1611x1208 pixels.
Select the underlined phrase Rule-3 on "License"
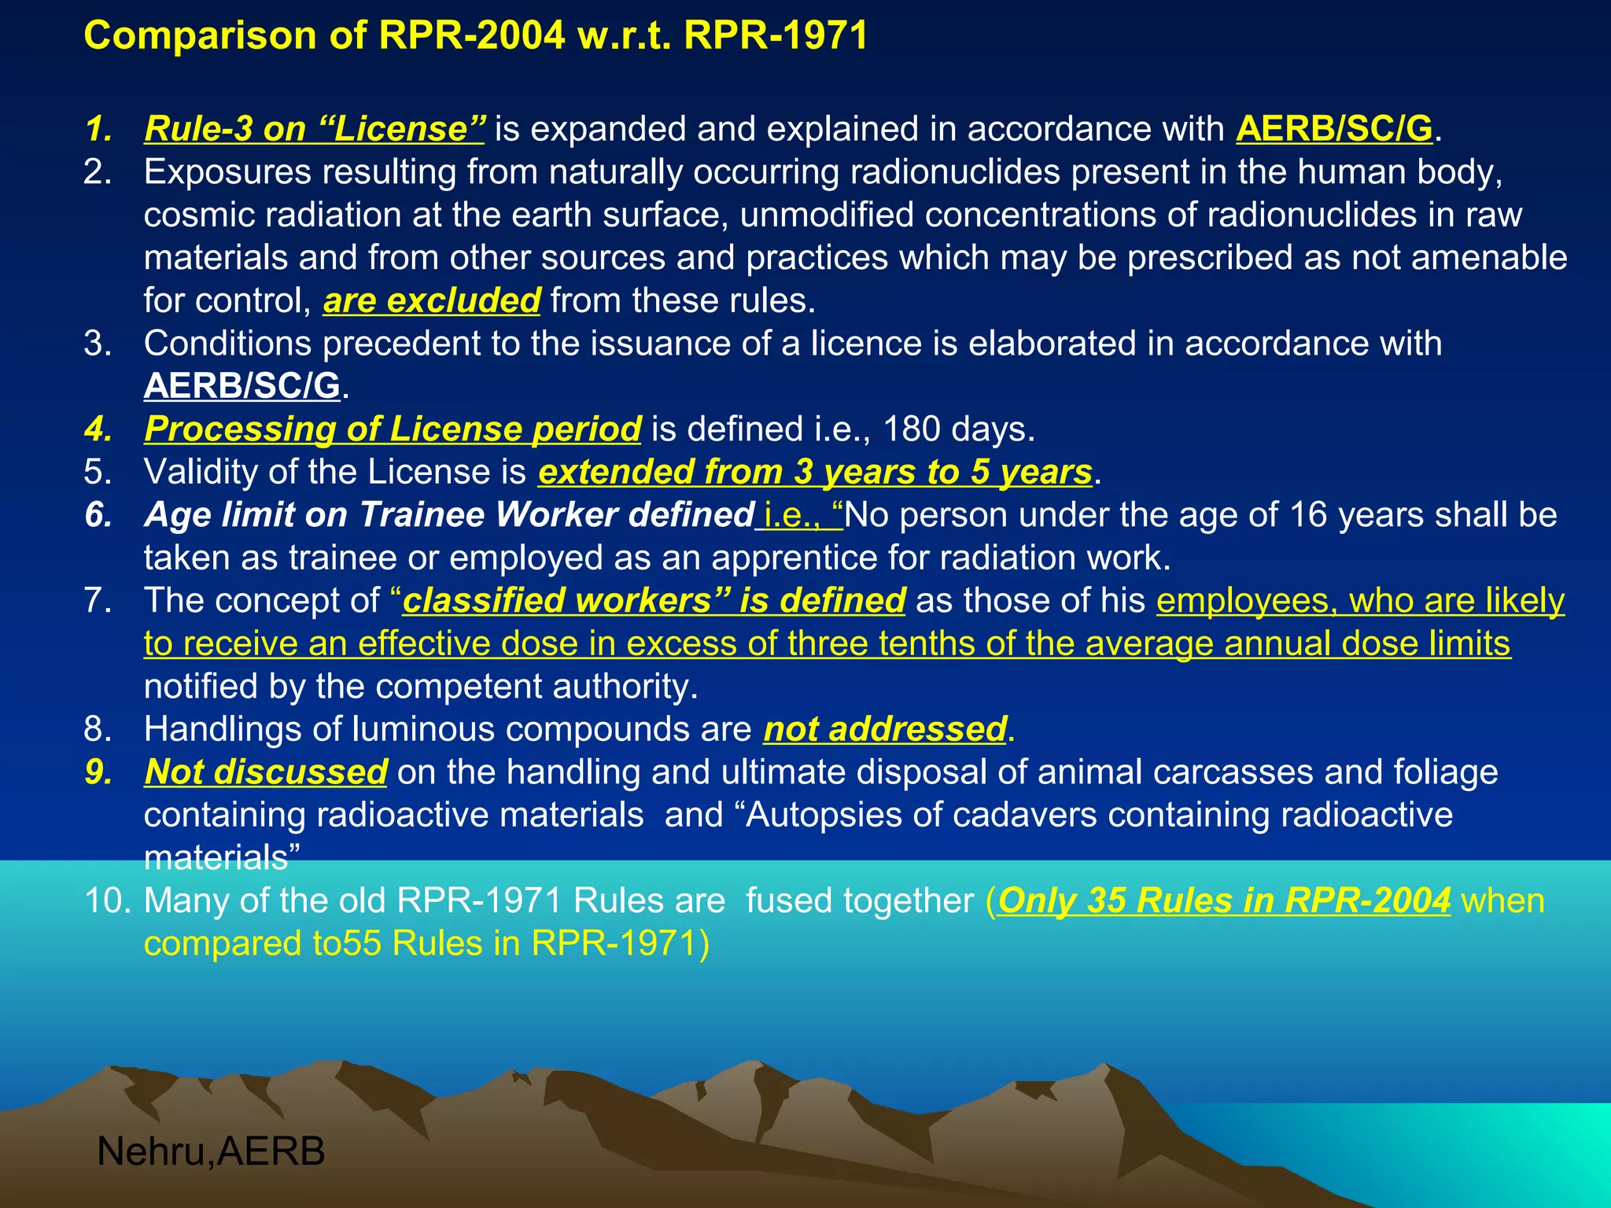[x=315, y=129]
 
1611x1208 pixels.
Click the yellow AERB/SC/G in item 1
[x=1334, y=129]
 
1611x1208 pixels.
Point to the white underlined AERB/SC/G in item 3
[x=242, y=386]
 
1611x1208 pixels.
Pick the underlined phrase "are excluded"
[x=432, y=300]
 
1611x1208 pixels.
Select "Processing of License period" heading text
[x=393, y=429]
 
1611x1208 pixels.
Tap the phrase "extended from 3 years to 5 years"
[x=815, y=472]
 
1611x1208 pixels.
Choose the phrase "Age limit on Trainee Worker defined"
[x=449, y=515]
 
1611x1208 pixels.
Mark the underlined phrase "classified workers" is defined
[x=654, y=601]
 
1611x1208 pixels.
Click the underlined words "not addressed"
[x=885, y=729]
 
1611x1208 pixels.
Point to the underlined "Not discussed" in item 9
[x=266, y=772]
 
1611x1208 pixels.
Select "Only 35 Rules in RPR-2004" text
[x=1224, y=900]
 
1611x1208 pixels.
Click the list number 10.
[x=108, y=900]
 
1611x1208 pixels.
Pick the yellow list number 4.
[x=98, y=429]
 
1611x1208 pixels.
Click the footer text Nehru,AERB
[x=211, y=1152]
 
